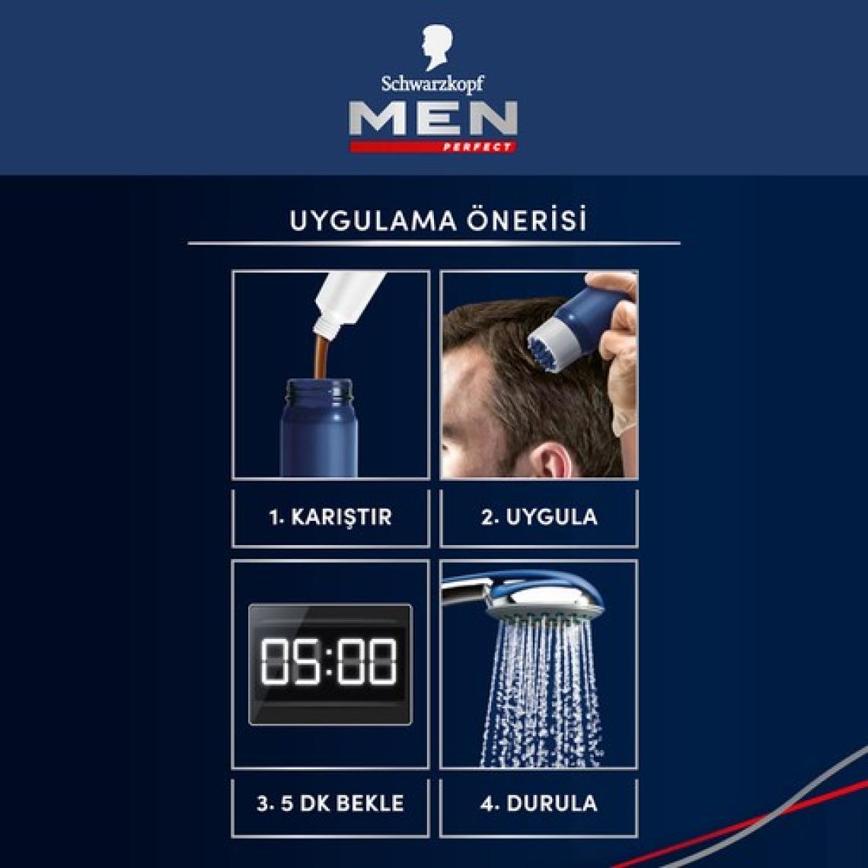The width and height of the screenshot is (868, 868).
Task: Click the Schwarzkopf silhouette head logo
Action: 436,48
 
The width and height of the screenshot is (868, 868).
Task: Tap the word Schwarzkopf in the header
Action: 432,84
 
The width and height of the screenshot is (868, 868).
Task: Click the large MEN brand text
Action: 433,118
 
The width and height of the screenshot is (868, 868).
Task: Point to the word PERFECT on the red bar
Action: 477,147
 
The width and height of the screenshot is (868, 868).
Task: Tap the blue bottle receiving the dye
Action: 318,427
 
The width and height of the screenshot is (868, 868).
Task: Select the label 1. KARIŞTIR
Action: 330,517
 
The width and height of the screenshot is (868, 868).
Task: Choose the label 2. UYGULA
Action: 539,517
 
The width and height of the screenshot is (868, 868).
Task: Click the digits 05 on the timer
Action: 290,662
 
